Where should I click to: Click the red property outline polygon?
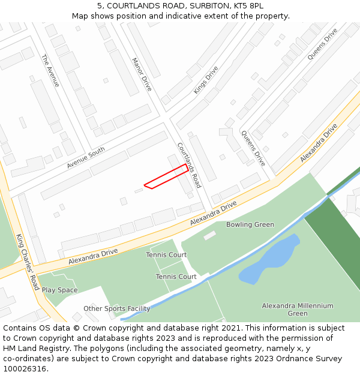(x=166, y=176)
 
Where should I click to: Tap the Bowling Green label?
(x=250, y=225)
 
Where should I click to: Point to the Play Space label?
(x=59, y=290)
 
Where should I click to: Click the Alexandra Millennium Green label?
(x=297, y=310)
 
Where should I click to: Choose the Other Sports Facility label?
(x=116, y=309)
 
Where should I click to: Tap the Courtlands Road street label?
(x=188, y=165)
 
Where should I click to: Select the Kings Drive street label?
(x=205, y=80)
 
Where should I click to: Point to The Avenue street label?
(x=50, y=71)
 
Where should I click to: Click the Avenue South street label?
(x=86, y=157)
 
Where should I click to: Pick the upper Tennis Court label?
(x=166, y=255)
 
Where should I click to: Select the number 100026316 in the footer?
(x=25, y=369)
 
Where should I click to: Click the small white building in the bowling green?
(x=209, y=236)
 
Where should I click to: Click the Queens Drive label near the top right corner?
(x=322, y=44)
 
